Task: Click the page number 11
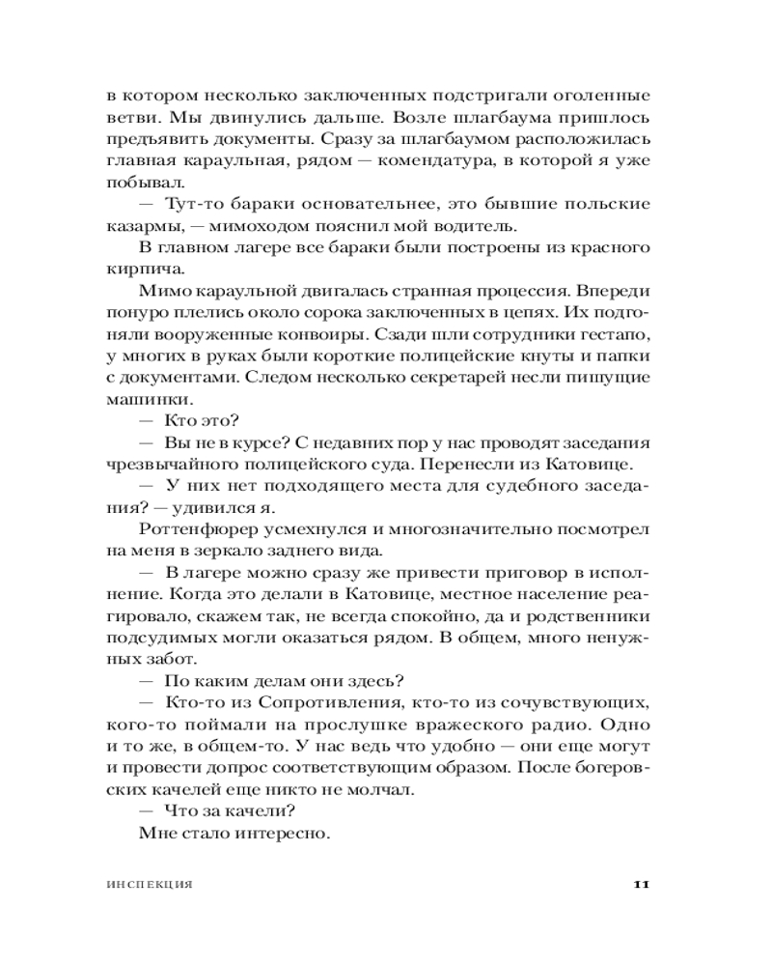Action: pyautogui.click(x=645, y=884)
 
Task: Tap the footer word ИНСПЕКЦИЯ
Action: pyautogui.click(x=150, y=885)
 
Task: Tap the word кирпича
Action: pyautogui.click(x=139, y=271)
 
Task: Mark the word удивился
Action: pyautogui.click(x=231, y=509)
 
